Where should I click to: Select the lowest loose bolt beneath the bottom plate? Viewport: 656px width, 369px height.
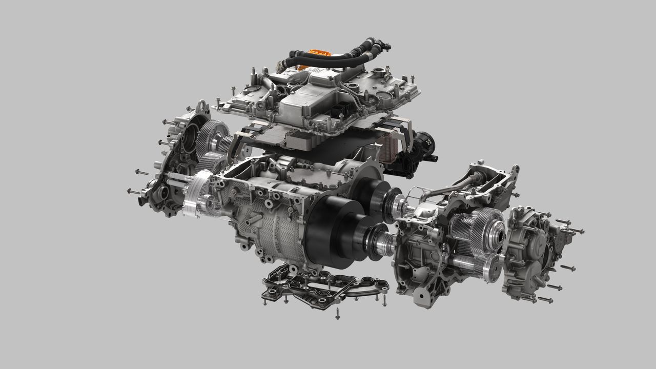click(x=338, y=313)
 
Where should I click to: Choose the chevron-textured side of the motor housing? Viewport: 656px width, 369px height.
click(x=266, y=231)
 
